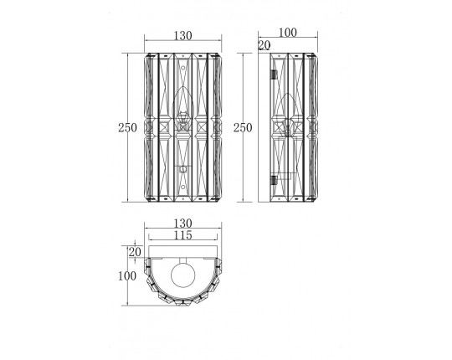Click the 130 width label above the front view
pos(182,36)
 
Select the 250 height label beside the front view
pos(127,127)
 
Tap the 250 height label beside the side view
pos(243,127)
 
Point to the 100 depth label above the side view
pos(288,33)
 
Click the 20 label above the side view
pos(265,45)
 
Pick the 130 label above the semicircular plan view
pos(182,223)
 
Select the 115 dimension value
pos(182,235)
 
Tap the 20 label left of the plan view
pos(135,252)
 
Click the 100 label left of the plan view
pos(127,276)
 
